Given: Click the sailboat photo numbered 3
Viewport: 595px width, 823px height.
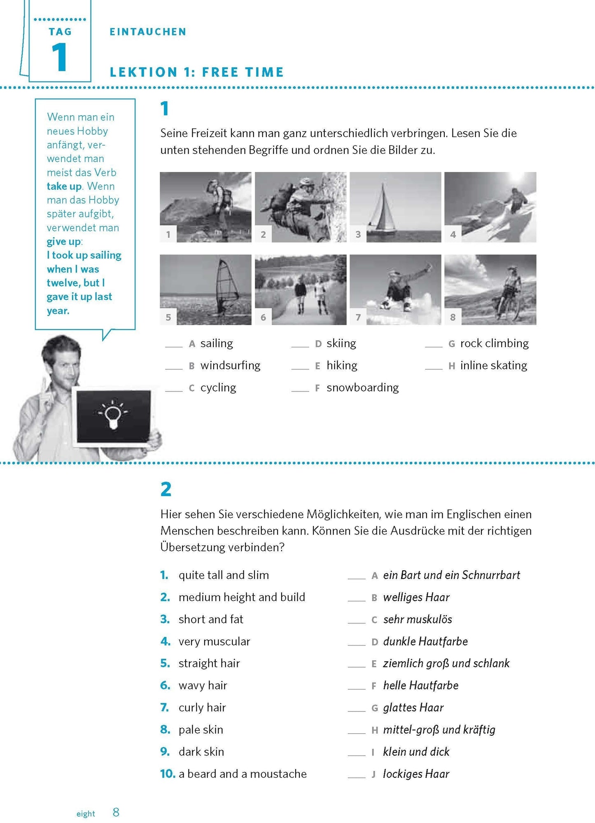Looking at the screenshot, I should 395,207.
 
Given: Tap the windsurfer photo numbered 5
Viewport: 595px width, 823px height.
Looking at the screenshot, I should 205,289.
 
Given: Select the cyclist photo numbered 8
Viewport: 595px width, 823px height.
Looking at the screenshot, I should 490,289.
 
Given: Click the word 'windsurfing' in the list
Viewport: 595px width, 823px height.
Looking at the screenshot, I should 230,366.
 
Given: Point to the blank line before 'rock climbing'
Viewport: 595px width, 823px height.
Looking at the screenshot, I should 434,346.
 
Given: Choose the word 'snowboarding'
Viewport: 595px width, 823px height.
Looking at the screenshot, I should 362,388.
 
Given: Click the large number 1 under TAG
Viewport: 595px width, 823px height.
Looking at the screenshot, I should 59,58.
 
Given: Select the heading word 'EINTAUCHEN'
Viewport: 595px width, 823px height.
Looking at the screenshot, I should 148,32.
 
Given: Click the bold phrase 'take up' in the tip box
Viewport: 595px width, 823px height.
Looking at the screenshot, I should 64,186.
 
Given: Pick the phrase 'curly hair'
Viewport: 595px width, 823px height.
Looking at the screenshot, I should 202,708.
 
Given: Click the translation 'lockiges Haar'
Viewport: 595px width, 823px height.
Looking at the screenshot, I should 416,774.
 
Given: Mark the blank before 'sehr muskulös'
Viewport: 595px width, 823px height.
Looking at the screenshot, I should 356,622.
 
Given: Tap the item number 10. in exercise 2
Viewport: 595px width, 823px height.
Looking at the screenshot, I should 168,774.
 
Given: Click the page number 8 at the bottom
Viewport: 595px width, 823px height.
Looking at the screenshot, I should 116,812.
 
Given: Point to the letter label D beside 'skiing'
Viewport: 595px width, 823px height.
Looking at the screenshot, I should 318,344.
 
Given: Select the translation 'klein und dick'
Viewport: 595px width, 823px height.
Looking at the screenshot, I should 416,752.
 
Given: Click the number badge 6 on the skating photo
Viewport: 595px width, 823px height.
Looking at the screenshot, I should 263,317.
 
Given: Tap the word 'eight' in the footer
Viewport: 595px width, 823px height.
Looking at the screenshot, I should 86,814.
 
